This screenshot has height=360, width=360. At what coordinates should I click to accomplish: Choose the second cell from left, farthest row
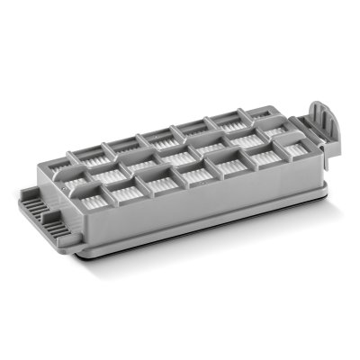click(123, 146)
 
